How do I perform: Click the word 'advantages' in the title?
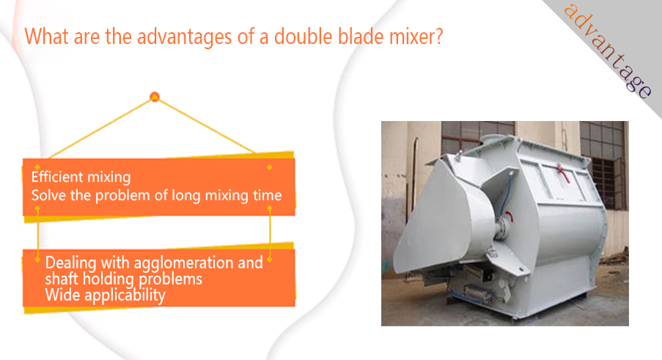click(184, 37)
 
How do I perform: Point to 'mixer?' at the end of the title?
click(416, 37)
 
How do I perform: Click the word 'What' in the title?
click(46, 36)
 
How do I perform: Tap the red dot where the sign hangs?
click(155, 97)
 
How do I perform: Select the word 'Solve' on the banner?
click(48, 196)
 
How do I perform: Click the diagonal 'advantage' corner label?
click(608, 51)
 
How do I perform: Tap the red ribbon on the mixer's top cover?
click(562, 174)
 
